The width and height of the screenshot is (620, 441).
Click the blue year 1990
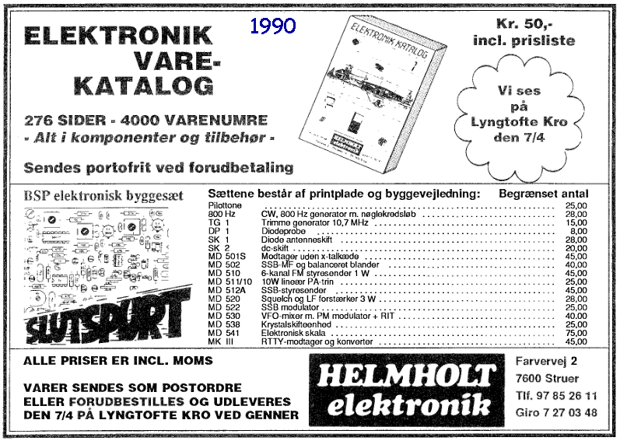click(273, 26)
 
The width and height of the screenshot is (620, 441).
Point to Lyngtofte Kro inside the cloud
click(519, 121)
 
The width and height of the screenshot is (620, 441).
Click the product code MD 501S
click(227, 255)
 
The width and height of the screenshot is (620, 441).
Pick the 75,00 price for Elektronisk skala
click(576, 331)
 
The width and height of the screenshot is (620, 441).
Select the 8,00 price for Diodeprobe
click(578, 231)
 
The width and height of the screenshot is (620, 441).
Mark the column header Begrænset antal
click(543, 194)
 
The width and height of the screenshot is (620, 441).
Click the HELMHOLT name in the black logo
click(406, 375)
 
